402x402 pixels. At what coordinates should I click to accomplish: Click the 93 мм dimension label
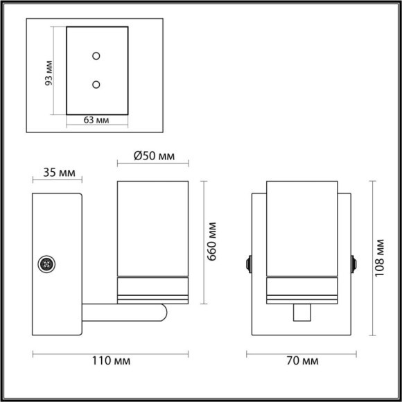pos(47,71)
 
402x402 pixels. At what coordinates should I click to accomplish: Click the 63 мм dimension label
pos(97,120)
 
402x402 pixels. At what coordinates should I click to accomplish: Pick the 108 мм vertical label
pos(380,257)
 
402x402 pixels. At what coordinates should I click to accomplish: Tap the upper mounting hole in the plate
pos(96,55)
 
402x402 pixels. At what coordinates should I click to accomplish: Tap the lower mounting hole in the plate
pos(96,85)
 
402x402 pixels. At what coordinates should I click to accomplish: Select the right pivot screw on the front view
pos(355,264)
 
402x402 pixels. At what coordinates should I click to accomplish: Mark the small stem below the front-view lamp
pos(300,313)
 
